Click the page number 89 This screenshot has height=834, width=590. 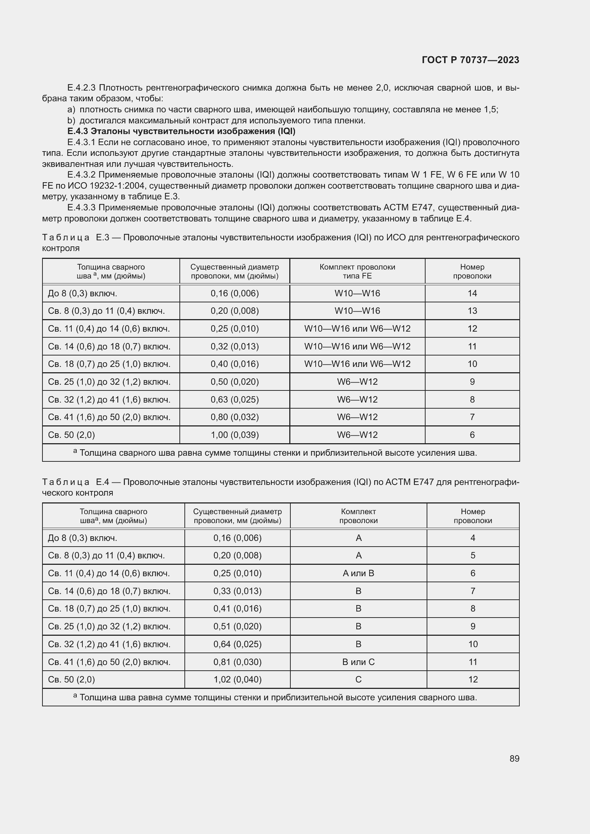tap(514, 758)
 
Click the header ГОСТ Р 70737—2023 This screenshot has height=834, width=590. tap(471, 60)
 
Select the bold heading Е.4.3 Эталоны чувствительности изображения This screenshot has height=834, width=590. tap(181, 131)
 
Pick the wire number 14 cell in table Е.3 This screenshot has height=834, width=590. tap(472, 293)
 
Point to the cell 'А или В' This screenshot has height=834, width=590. tap(358, 573)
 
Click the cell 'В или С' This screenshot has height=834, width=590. tap(358, 662)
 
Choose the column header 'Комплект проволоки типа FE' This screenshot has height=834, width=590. tap(357, 271)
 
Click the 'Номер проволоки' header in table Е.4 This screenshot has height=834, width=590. tap(473, 516)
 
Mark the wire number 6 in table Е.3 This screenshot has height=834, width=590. tap(472, 435)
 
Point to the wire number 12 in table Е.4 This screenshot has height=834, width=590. tap(473, 679)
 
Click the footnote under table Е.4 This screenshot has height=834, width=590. tap(275, 697)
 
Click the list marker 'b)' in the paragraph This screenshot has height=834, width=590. tap(71, 121)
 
